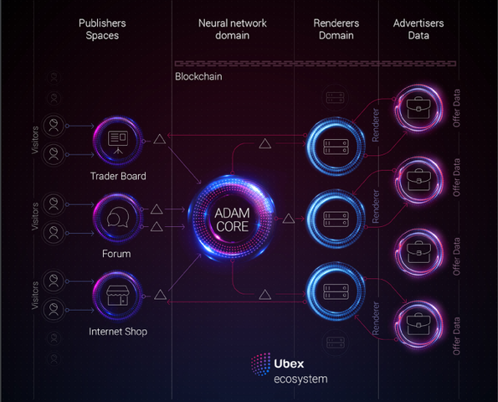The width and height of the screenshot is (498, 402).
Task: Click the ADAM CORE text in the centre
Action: click(232, 219)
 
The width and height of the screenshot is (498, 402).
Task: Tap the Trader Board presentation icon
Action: click(118, 142)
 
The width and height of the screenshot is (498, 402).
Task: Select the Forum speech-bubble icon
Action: click(118, 217)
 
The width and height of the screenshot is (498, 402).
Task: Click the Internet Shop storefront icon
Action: click(118, 296)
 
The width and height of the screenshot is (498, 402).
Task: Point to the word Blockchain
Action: click(198, 76)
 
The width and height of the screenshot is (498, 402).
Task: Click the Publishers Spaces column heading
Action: click(102, 29)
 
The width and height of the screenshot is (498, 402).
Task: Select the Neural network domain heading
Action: click(233, 29)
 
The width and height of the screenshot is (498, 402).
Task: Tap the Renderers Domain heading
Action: click(336, 29)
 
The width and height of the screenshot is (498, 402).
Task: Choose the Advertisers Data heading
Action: click(418, 29)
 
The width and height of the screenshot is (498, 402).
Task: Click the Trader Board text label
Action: click(118, 176)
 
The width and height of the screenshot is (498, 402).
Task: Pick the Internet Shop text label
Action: click(118, 332)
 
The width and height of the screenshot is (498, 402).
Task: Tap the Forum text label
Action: click(116, 254)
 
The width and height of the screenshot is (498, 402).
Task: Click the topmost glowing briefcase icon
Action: click(418, 108)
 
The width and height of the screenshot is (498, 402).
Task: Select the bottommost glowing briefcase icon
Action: click(418, 324)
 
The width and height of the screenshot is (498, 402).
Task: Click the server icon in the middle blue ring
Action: click(336, 219)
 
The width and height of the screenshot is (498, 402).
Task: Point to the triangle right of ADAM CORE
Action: click(289, 219)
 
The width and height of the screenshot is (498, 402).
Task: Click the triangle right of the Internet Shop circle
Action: click(160, 295)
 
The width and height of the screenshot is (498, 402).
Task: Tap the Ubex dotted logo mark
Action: click(261, 364)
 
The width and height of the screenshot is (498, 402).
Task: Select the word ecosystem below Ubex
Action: click(300, 379)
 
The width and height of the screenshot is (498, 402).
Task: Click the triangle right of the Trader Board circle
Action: click(160, 139)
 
